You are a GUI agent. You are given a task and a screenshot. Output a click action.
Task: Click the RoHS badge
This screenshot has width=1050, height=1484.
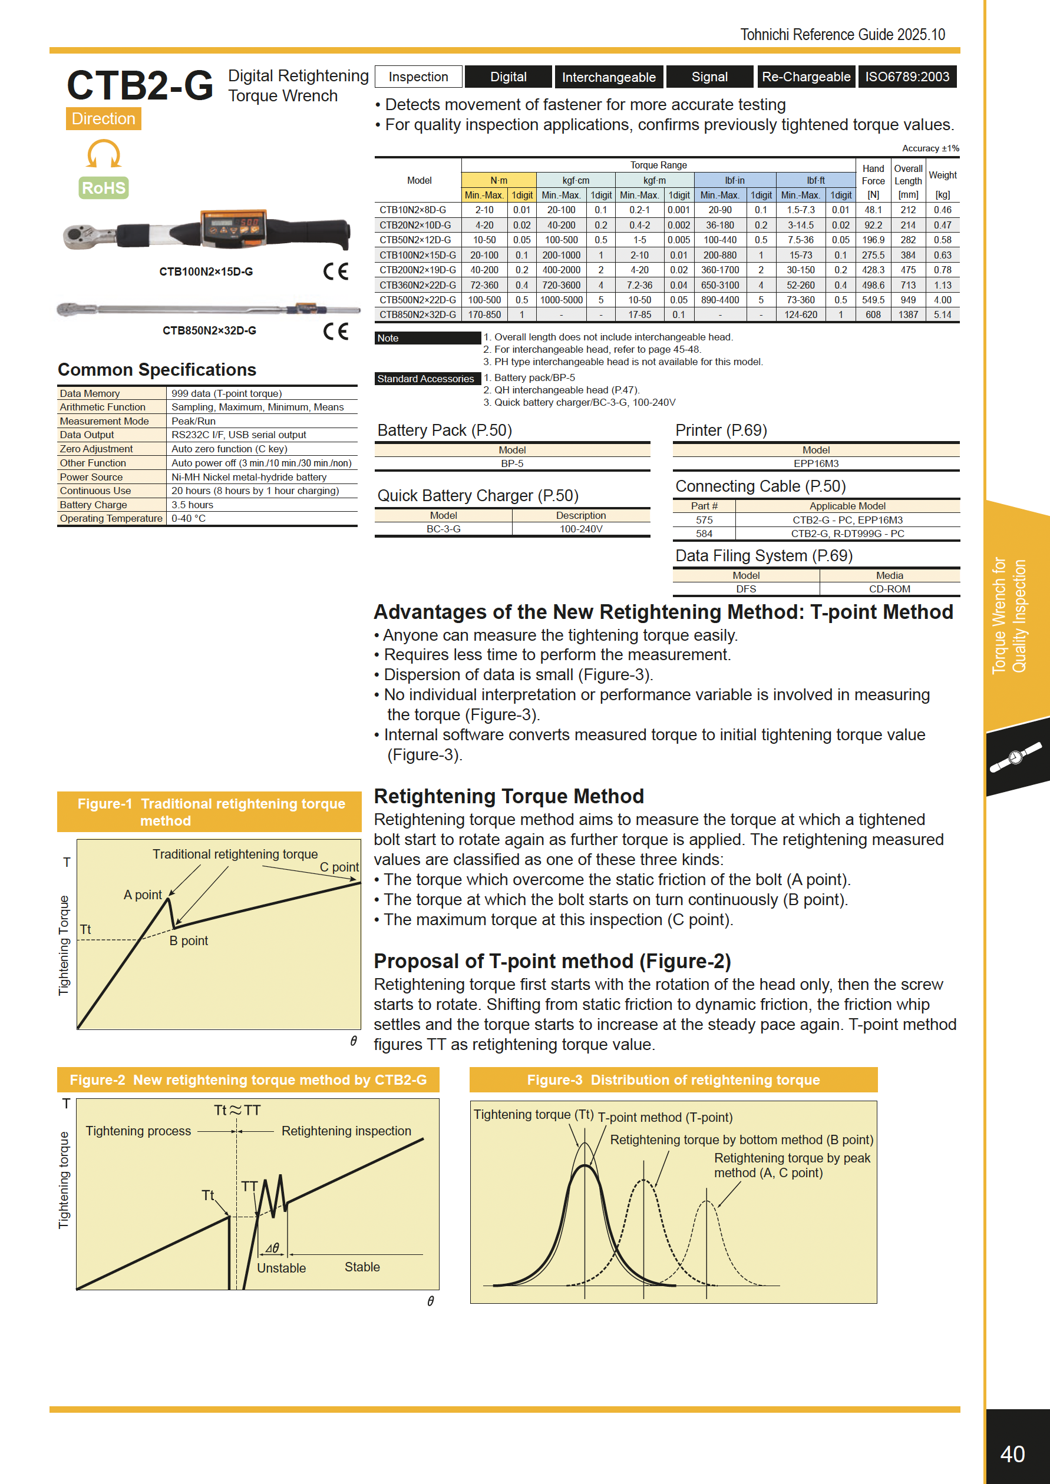[x=104, y=188]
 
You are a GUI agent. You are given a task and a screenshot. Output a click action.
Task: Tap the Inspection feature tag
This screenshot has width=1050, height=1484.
[x=418, y=77]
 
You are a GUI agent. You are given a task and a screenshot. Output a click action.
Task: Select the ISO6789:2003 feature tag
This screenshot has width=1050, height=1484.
[x=907, y=77]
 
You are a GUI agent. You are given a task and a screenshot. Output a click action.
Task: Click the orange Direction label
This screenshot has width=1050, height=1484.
[x=104, y=119]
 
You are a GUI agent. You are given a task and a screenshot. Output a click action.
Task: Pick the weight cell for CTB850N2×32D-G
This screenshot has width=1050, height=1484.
[x=942, y=315]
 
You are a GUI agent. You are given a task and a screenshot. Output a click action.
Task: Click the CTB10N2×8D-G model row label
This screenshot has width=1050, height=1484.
[x=412, y=210]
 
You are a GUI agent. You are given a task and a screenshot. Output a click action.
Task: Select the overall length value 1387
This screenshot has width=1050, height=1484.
[x=908, y=315]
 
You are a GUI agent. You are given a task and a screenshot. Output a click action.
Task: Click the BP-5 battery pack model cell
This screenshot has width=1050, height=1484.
[x=512, y=463]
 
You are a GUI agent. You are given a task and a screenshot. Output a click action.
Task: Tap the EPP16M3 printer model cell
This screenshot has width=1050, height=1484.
[x=816, y=463]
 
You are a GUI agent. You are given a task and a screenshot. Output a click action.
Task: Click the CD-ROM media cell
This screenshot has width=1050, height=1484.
[x=889, y=589]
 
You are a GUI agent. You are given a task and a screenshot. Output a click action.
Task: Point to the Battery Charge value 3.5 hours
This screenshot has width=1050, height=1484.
[x=192, y=505]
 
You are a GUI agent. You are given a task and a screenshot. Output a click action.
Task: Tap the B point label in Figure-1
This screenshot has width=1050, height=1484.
[x=189, y=940]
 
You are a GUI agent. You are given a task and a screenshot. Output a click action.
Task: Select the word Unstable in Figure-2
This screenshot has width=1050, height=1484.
[x=281, y=1268]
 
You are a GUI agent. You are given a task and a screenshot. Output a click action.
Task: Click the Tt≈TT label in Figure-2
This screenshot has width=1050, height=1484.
[x=237, y=1111]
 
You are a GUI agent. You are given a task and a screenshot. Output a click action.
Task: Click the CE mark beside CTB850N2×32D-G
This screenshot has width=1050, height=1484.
[x=335, y=331]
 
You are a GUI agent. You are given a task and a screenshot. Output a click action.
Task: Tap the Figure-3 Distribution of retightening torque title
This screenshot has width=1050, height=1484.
[x=673, y=1080]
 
